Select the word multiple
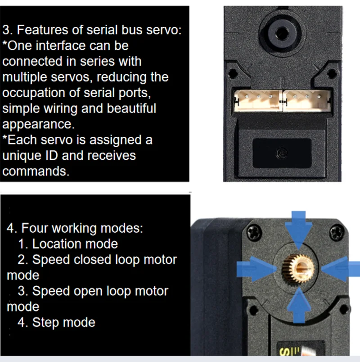click(x=27, y=77)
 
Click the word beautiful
click(x=131, y=109)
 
